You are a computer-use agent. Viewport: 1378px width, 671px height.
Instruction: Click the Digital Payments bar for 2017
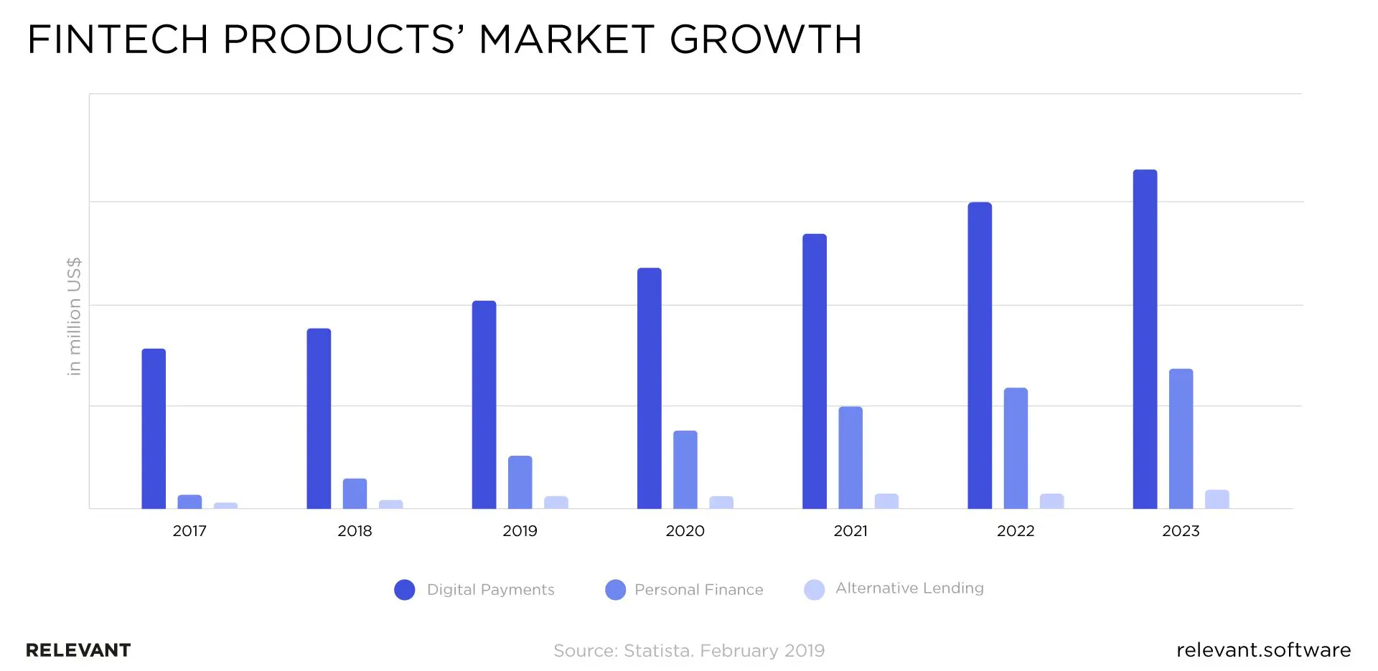pos(154,429)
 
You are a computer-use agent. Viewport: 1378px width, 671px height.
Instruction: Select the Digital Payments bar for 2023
pos(1145,339)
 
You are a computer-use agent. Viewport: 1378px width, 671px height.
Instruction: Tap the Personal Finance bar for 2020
pos(685,470)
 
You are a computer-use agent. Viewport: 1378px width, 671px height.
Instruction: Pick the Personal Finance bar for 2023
pos(1181,439)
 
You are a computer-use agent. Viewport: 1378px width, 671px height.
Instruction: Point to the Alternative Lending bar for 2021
pos(886,502)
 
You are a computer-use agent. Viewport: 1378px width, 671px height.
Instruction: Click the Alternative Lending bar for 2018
pos(390,505)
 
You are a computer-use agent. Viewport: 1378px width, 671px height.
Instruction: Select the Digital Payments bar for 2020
pos(649,388)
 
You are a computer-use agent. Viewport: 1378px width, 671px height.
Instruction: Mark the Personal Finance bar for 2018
pos(355,494)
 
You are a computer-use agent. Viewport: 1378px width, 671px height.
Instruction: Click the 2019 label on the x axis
pos(520,531)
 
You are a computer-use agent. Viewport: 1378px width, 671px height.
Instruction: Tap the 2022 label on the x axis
pos(1016,531)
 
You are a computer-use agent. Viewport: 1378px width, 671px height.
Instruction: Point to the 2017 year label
pos(189,531)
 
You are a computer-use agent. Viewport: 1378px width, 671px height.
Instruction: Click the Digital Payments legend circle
pos(405,590)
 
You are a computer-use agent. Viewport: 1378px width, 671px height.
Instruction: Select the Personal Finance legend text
pos(698,590)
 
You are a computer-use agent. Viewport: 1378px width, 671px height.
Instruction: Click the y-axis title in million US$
pos(74,316)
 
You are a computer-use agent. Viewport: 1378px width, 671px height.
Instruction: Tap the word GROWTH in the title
pos(765,39)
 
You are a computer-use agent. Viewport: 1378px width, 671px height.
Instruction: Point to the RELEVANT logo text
pos(78,650)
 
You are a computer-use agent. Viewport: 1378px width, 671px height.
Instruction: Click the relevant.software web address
pos(1263,650)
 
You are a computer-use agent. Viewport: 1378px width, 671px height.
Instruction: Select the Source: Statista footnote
pos(689,651)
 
